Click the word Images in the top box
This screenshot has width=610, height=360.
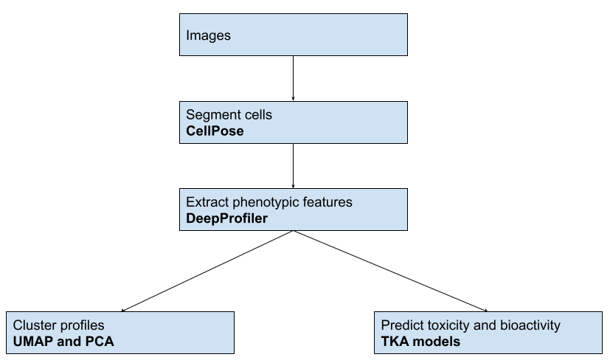(208, 35)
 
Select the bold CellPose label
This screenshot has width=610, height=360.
(215, 131)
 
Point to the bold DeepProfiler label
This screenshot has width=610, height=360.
(226, 218)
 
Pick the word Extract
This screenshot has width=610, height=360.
(207, 202)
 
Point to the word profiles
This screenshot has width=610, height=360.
(81, 326)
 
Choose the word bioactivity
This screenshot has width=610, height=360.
(530, 326)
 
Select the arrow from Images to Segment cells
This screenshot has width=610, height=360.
(293, 78)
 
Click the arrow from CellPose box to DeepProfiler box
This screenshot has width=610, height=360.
(293, 166)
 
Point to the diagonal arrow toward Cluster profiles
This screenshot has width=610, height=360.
(207, 271)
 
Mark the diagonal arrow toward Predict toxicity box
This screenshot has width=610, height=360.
(390, 271)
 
